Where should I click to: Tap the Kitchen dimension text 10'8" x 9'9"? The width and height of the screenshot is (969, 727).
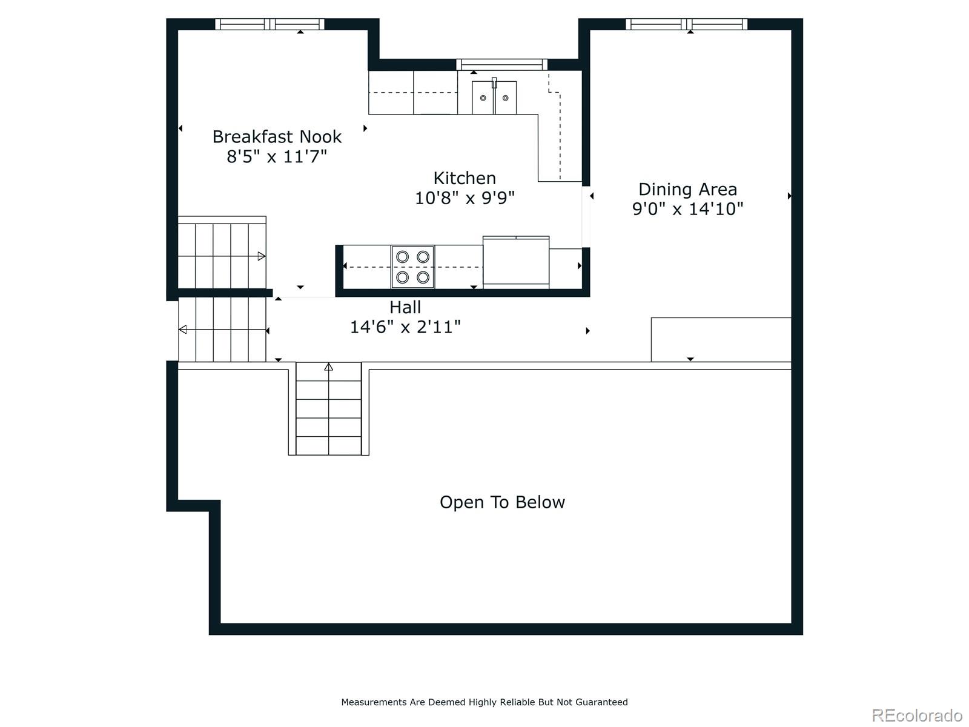click(465, 198)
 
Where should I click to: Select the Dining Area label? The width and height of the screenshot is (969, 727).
click(687, 190)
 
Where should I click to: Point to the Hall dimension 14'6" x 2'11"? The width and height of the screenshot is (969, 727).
click(405, 327)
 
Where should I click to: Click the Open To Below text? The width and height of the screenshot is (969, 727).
click(502, 502)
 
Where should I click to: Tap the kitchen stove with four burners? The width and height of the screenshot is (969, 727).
click(412, 267)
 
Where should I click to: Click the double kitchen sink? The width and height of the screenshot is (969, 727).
click(494, 98)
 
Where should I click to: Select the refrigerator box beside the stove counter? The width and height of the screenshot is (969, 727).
click(515, 262)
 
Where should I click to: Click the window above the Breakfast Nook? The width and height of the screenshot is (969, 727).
click(270, 24)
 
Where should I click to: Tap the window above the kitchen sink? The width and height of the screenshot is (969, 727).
click(501, 64)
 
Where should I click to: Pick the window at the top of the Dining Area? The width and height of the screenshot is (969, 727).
click(686, 24)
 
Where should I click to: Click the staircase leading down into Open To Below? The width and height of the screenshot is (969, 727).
click(328, 408)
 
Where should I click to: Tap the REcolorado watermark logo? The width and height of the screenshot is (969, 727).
click(917, 715)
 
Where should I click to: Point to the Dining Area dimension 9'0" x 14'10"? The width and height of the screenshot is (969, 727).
click(687, 209)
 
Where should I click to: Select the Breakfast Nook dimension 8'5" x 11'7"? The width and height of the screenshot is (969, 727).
click(277, 157)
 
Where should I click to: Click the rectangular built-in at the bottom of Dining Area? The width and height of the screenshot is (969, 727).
click(721, 339)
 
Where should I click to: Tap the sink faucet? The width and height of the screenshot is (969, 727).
click(494, 83)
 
